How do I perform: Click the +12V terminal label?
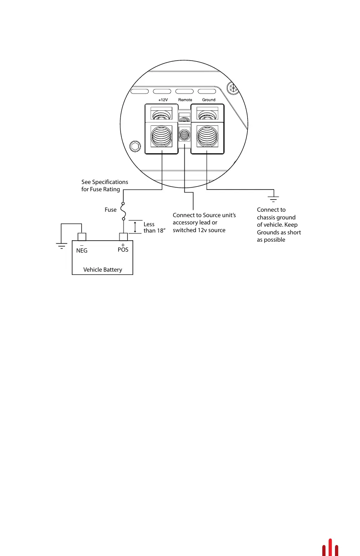[x=162, y=100]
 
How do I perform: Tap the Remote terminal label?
[x=185, y=100]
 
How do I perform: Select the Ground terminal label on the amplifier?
[x=209, y=100]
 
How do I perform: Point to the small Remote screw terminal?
[x=185, y=135]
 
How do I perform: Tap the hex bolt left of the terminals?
[x=135, y=147]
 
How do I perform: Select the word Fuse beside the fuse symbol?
[x=111, y=210]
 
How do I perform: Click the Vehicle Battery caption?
[x=103, y=270]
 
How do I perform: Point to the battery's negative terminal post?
[x=82, y=237]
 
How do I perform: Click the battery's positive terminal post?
[x=123, y=237]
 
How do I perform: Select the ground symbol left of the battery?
[x=61, y=246]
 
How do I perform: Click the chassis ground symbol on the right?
[x=273, y=198]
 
